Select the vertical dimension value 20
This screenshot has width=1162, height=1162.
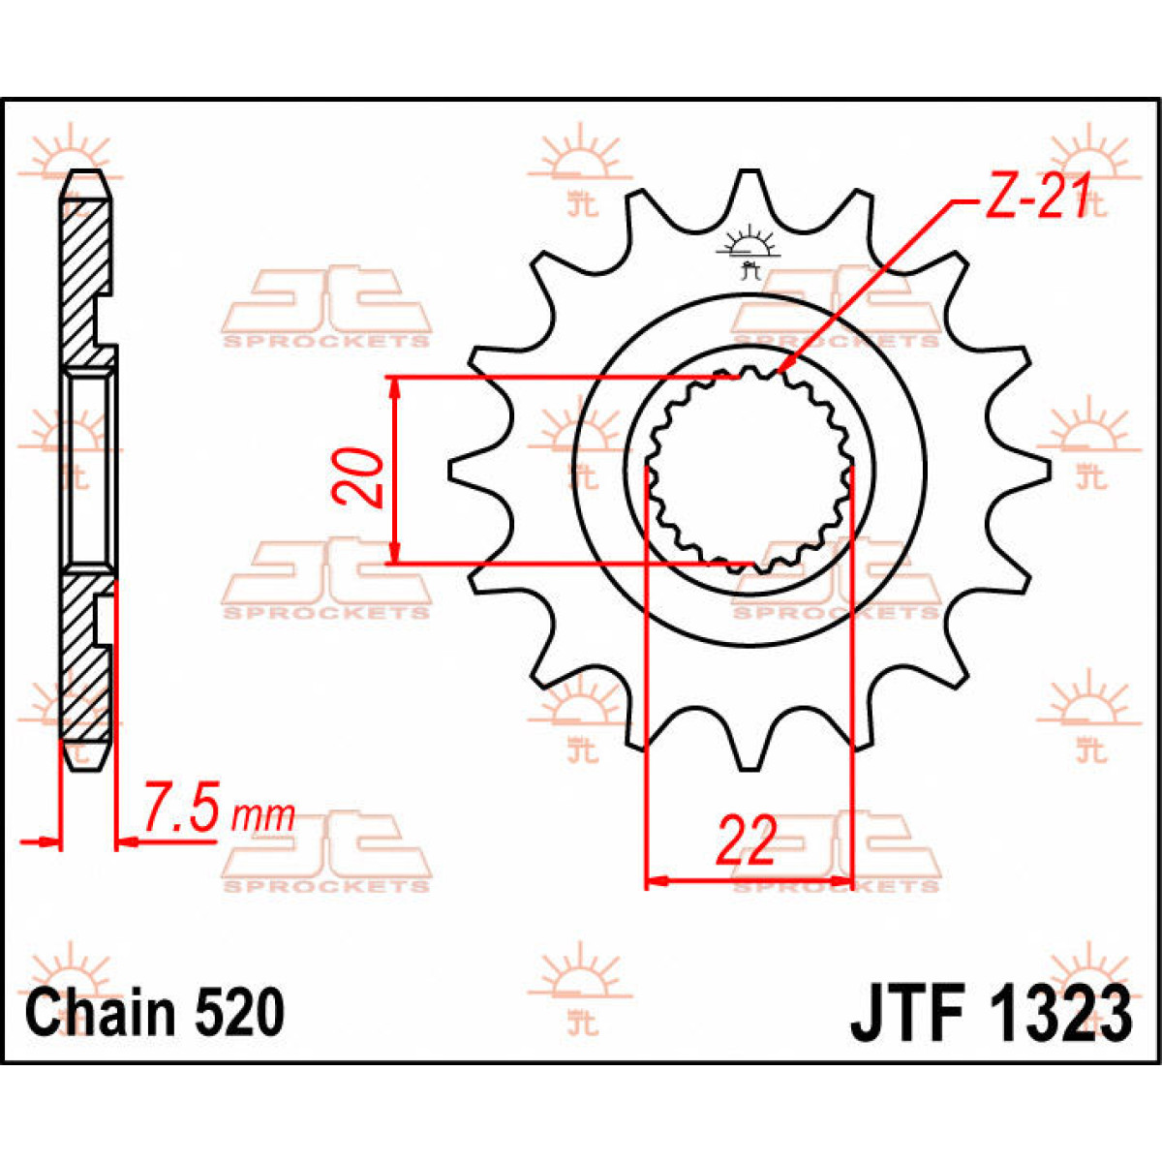click(x=358, y=476)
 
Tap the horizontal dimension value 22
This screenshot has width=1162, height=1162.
click(x=746, y=841)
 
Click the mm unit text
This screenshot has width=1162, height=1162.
click(x=262, y=814)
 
